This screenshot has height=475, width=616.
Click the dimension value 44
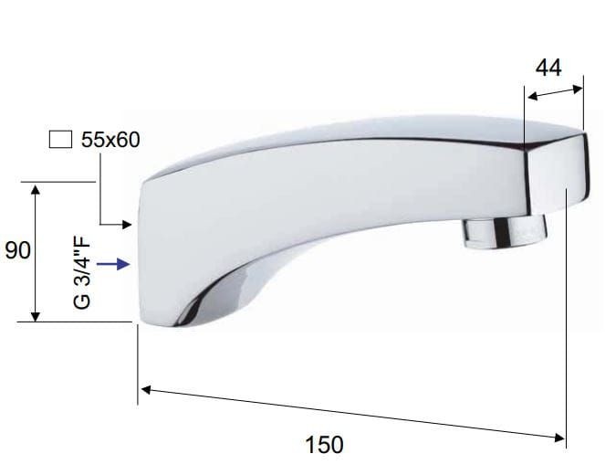[548, 68]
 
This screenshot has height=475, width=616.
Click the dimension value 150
[324, 445]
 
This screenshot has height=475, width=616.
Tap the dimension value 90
[17, 250]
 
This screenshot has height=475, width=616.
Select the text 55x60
[110, 140]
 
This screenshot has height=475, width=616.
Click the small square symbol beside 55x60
[60, 139]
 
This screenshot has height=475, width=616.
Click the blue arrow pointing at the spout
[113, 264]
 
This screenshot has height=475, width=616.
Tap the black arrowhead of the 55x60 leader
[127, 225]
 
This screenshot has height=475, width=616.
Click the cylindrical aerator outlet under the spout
[505, 232]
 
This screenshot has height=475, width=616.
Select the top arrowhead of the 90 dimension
[36, 190]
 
